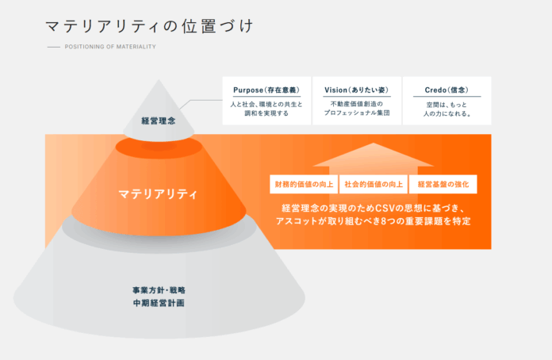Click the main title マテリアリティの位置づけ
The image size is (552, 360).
coord(149,26)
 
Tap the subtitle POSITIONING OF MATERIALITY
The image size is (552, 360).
coord(110,47)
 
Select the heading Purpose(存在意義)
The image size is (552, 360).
coord(266,90)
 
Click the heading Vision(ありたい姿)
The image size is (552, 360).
coord(357,90)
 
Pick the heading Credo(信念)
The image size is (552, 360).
coord(447,90)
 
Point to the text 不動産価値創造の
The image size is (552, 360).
coord(357,104)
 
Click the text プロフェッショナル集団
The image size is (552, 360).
coord(357,113)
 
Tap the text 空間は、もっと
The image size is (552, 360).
coord(447,104)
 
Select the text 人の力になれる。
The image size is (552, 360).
coord(447,113)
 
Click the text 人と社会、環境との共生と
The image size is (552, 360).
coord(266,104)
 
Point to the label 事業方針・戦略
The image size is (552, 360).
coord(159,289)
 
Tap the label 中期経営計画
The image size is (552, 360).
coord(159,303)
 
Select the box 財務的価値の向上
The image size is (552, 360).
coord(304,185)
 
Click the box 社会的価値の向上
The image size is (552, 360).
coord(373,185)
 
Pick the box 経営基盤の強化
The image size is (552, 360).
coord(443,185)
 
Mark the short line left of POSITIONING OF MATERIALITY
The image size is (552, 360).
coord(54,47)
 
